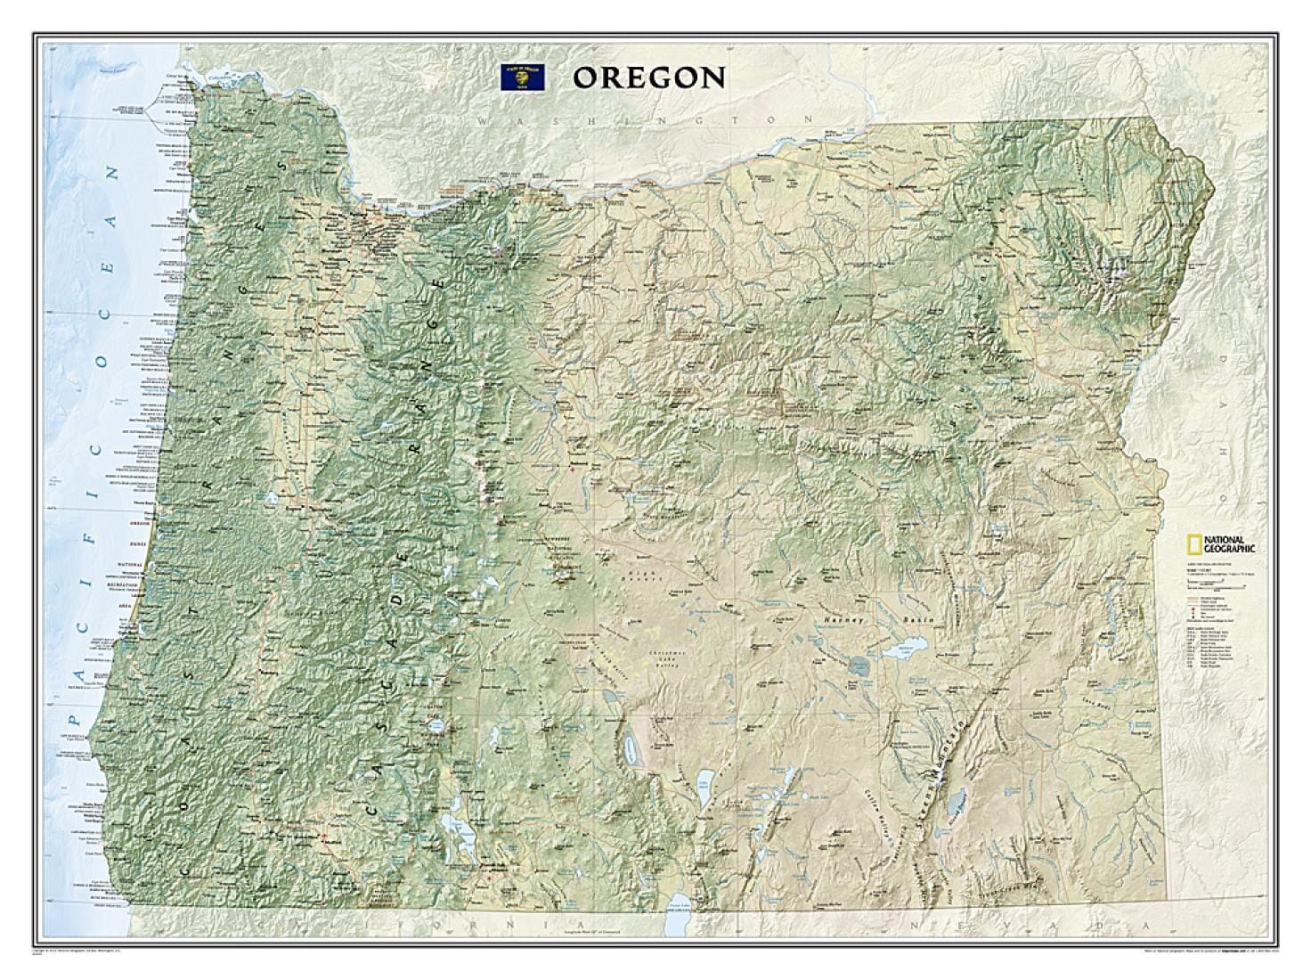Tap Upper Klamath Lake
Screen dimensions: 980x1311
tap(463, 840)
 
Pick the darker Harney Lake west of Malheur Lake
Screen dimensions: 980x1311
tap(859, 665)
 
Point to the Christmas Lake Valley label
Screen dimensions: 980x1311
tap(668, 659)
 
